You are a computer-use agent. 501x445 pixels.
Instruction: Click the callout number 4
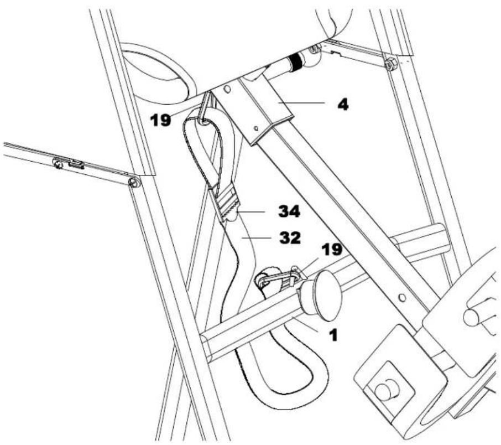coord(343,104)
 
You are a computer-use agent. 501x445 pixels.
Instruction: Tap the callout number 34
coord(289,211)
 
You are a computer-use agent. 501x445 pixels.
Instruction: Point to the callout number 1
coord(333,335)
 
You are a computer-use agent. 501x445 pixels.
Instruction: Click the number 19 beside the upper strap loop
coord(161,120)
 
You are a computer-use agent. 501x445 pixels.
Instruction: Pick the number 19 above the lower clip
coord(332,250)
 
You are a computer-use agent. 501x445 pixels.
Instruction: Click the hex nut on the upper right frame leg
coord(390,64)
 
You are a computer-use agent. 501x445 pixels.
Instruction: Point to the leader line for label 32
coord(256,237)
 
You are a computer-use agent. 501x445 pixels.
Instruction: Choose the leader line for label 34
coord(251,212)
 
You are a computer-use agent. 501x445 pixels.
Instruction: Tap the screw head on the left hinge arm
coord(58,164)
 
